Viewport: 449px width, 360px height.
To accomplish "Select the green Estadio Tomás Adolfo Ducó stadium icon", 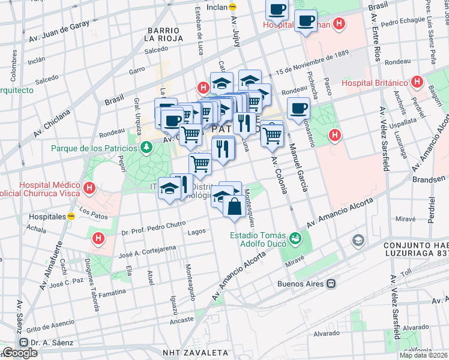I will tap(294, 239).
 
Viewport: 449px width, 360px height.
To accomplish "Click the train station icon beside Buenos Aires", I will tap(330, 283).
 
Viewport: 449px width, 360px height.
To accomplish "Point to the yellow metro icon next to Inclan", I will tap(233, 7).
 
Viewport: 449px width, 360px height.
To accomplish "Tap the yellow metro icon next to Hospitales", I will tap(71, 216).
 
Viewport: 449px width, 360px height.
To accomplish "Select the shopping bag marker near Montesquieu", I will tap(233, 208).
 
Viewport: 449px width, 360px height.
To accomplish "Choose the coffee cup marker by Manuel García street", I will tap(298, 109).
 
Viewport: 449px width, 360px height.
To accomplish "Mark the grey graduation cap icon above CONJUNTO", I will tap(358, 241).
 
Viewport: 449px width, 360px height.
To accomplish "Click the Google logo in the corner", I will tap(20, 353).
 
